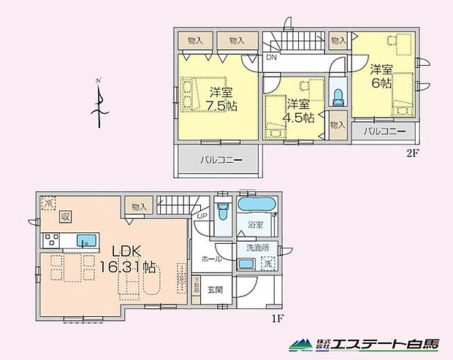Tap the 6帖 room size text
coord(380,84)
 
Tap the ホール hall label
coord(213,258)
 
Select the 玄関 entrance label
coord(215,288)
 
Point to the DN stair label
coord(271,58)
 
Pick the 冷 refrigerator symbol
coord(47,202)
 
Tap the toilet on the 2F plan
coord(337,96)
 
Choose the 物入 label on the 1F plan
coord(139,207)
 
